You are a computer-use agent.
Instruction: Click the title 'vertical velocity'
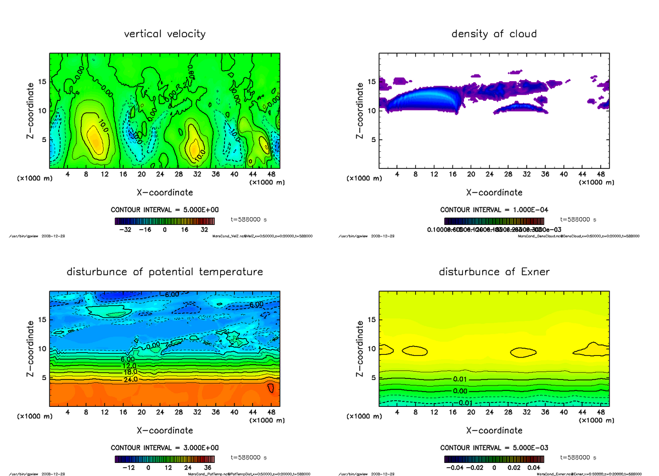[x=165, y=34]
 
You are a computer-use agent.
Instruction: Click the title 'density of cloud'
[x=494, y=34]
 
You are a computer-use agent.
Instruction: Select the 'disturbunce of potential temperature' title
[x=165, y=272]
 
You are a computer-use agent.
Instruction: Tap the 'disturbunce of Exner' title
[x=494, y=272]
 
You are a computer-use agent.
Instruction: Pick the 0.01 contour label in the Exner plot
[x=460, y=379]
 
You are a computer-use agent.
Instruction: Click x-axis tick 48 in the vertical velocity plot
[x=271, y=174]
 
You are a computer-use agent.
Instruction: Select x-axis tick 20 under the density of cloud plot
[x=471, y=174]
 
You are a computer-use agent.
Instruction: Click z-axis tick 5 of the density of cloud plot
[x=373, y=139]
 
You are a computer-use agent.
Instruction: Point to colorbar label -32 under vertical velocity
[x=127, y=230]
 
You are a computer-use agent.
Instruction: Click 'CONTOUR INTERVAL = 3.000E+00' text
[x=165, y=447]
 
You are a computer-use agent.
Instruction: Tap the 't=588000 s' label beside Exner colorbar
[x=578, y=457]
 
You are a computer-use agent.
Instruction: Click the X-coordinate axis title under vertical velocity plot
[x=165, y=192]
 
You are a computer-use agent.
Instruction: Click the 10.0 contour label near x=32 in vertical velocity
[x=198, y=153]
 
